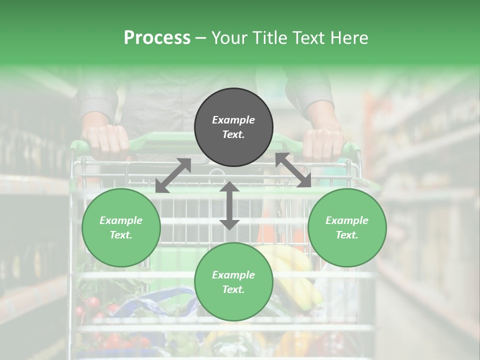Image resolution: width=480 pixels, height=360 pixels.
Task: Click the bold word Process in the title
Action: pyautogui.click(x=157, y=37)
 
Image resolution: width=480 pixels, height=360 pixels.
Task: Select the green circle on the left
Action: pyautogui.click(x=121, y=227)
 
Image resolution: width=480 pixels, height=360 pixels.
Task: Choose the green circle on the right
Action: pyautogui.click(x=347, y=227)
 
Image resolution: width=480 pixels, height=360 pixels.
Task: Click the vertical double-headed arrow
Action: pyautogui.click(x=229, y=205)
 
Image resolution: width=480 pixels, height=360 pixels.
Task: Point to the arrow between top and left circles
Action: pyautogui.click(x=173, y=175)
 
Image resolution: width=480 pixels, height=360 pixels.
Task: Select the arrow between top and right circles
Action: pyautogui.click(x=293, y=170)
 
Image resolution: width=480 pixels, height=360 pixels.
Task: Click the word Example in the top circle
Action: pyautogui.click(x=233, y=120)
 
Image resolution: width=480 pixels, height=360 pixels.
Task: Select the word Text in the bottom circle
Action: pyautogui.click(x=233, y=289)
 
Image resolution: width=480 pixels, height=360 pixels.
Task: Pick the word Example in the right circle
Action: pyautogui.click(x=347, y=220)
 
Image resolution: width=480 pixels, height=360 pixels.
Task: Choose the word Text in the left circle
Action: pyautogui.click(x=121, y=235)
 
